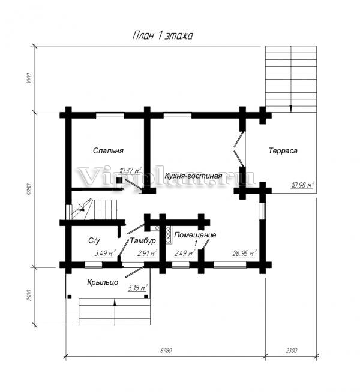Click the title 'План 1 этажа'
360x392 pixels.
163,36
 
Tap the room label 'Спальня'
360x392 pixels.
108,151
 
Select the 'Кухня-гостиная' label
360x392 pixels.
193,176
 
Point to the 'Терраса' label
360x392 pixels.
283,151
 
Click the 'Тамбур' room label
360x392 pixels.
143,240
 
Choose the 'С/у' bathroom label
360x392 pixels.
94,240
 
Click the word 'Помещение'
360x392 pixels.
195,235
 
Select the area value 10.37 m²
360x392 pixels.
130,171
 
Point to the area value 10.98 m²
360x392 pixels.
302,186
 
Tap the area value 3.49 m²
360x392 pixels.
105,254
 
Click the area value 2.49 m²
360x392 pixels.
184,254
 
